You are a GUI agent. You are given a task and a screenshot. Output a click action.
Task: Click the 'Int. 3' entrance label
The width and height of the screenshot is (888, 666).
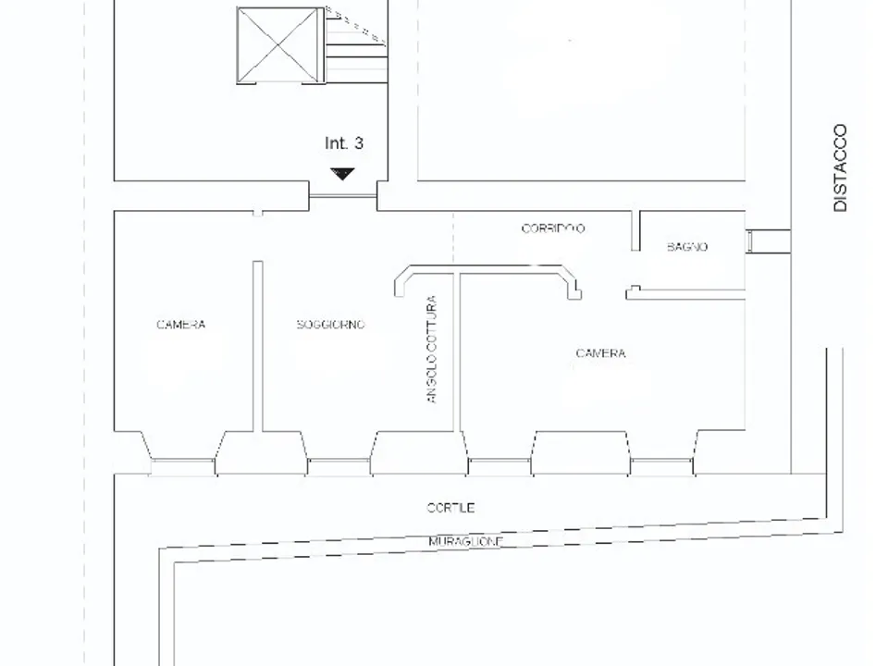(x=344, y=143)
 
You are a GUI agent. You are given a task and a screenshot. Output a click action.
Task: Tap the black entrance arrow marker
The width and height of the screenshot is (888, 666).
(x=342, y=174)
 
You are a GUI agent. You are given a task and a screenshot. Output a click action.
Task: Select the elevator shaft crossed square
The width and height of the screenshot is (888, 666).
(x=279, y=46)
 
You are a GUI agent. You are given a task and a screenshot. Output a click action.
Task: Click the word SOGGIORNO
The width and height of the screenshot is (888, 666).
(x=331, y=325)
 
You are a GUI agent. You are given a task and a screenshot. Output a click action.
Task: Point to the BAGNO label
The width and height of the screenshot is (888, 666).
(x=687, y=247)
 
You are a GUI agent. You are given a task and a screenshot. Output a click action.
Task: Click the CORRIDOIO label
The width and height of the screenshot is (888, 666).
(x=553, y=228)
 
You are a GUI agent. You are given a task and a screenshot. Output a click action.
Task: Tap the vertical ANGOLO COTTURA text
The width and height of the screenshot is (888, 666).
(x=432, y=350)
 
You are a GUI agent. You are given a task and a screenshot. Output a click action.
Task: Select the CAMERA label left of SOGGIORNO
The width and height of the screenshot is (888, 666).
(x=180, y=325)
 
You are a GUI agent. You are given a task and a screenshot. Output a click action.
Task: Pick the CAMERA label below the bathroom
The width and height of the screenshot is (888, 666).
(x=600, y=353)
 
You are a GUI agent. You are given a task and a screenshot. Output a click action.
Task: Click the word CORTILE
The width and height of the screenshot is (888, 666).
(x=450, y=508)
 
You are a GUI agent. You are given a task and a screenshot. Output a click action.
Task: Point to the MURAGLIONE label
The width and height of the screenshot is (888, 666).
(x=465, y=541)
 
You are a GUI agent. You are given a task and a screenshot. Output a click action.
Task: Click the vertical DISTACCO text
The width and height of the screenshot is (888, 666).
(x=840, y=167)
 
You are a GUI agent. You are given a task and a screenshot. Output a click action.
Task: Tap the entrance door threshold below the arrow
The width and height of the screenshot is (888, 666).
(x=342, y=196)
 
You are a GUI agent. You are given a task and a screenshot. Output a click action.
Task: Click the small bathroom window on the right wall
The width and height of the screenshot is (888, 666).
(x=749, y=241)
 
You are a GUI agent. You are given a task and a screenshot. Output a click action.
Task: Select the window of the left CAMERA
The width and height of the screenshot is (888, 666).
(x=182, y=466)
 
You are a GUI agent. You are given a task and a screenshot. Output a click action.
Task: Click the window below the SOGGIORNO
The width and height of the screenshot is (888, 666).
(x=339, y=466)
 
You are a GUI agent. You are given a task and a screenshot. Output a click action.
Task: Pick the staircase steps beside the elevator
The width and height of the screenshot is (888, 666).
(x=356, y=46)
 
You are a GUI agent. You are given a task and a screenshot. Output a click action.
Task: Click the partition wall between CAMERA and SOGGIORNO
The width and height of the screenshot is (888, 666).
(x=258, y=346)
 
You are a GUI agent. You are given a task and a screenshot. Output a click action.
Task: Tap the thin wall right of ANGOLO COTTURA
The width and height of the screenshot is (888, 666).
(x=457, y=351)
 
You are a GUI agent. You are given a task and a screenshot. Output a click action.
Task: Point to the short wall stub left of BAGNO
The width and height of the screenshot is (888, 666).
(x=635, y=230)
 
